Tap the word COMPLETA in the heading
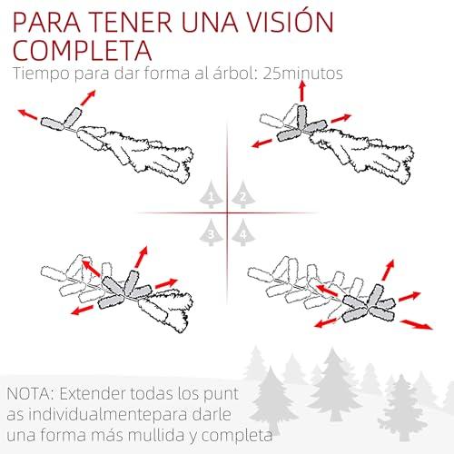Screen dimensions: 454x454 [83, 50]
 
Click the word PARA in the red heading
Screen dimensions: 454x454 [47, 22]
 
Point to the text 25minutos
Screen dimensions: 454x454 [302, 74]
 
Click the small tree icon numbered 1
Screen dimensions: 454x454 [212, 194]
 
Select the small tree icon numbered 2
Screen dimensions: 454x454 [243, 194]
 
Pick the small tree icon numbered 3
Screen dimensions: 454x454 [212, 232]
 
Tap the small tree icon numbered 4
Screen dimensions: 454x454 [243, 232]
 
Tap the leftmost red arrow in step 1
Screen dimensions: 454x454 [28, 114]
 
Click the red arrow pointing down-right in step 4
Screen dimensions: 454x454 [417, 324]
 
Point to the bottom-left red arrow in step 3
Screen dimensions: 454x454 [83, 310]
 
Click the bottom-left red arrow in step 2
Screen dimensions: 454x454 [262, 143]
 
